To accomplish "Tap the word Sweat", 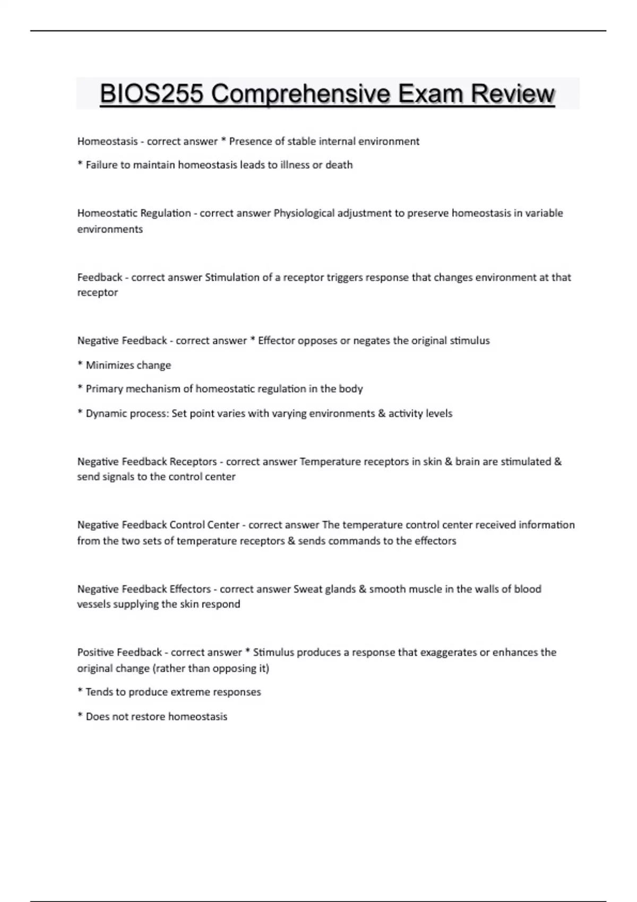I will tap(307, 589).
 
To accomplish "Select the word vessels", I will tap(94, 604).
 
